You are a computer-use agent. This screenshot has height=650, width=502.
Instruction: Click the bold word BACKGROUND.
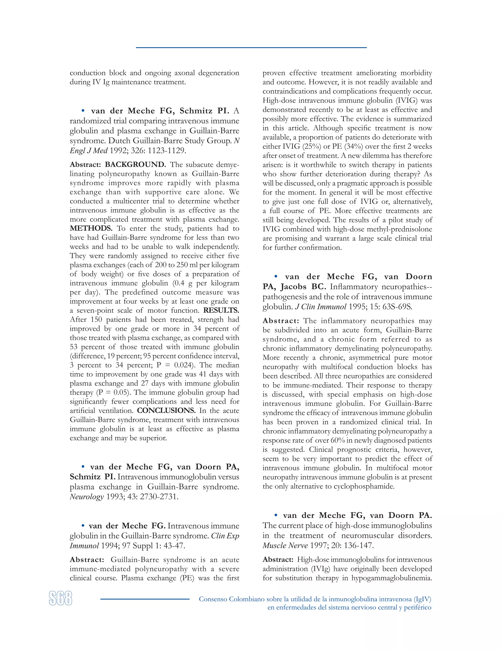click(x=135, y=165)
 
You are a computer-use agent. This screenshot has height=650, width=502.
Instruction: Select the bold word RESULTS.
click(x=221, y=311)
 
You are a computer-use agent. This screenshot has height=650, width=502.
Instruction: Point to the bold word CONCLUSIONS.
click(x=166, y=411)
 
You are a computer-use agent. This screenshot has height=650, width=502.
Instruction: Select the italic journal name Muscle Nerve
click(x=285, y=546)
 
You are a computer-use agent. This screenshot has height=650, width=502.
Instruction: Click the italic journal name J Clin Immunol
click(x=321, y=307)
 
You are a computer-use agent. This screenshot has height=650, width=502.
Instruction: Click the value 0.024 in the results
click(x=184, y=365)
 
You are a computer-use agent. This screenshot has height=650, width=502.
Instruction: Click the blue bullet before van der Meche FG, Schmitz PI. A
click(x=83, y=111)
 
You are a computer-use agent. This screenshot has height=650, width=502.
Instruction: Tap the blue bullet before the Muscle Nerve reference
click(x=276, y=515)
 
